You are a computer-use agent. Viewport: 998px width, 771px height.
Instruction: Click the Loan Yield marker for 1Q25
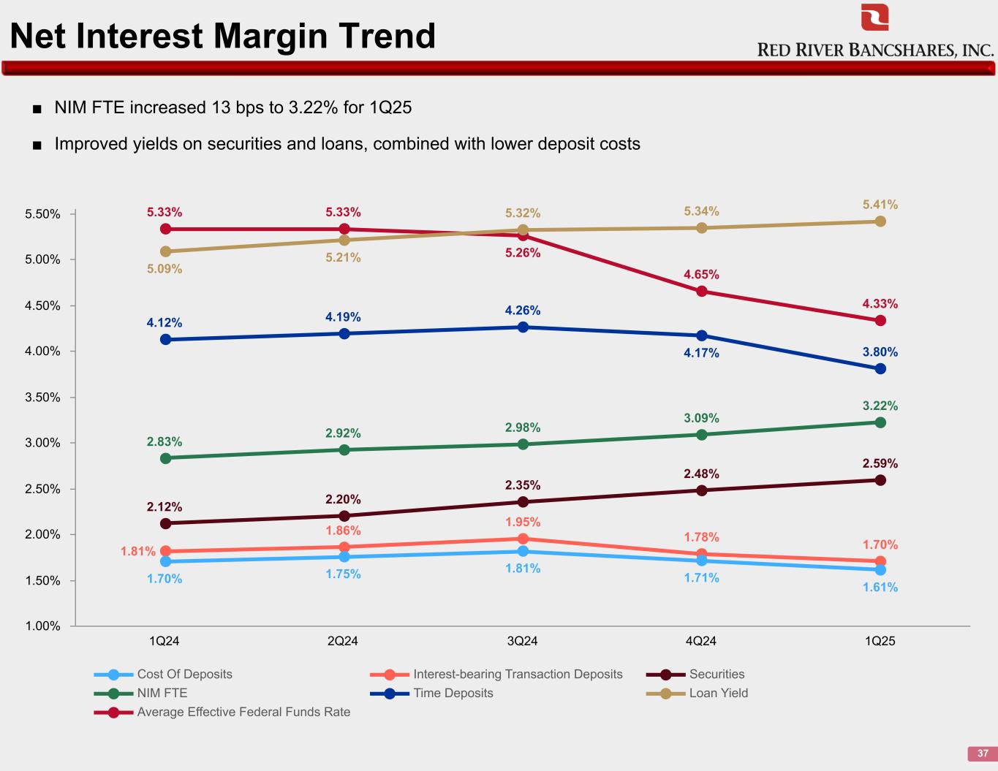tap(880, 221)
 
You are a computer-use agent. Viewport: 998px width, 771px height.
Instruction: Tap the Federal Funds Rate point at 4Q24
tap(702, 292)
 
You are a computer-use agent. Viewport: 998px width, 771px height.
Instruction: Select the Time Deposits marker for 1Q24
tap(165, 340)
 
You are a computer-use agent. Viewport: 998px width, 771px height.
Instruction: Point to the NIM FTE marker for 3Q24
tap(523, 444)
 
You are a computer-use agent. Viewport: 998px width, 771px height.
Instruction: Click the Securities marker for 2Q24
tap(344, 516)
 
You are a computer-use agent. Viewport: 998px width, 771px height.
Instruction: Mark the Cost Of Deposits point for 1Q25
tap(880, 570)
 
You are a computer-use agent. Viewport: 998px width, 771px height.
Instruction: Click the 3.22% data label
tap(880, 406)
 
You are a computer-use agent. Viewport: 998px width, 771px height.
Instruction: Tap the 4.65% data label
tap(702, 275)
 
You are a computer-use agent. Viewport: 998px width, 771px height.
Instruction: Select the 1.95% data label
tap(523, 523)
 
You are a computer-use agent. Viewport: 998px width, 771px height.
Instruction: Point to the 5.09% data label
tap(165, 269)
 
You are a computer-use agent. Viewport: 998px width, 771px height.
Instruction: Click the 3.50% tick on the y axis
tap(42, 398)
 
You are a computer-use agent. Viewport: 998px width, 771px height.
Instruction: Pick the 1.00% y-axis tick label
tap(42, 626)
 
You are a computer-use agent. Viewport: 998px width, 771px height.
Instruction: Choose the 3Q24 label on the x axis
tap(522, 642)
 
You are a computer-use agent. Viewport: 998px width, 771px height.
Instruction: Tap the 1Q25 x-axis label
tap(880, 642)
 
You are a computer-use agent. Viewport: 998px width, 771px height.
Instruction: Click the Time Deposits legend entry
tap(453, 694)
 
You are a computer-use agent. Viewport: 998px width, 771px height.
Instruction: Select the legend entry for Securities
tap(717, 675)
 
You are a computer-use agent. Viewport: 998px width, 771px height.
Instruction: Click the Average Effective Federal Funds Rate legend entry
tap(243, 713)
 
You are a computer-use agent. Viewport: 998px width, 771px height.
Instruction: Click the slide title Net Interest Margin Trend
tap(223, 36)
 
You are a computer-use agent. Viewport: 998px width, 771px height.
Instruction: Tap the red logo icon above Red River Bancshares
tap(874, 18)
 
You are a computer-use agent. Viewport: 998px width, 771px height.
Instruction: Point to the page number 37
tap(983, 753)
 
